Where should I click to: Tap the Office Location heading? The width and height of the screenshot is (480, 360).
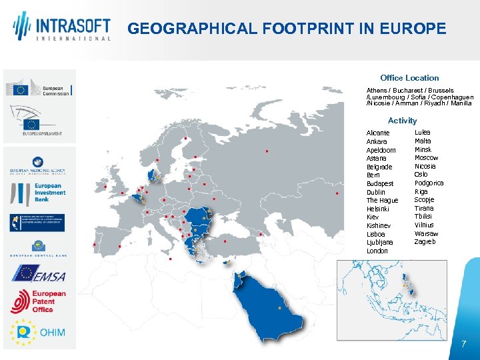tap(409, 78)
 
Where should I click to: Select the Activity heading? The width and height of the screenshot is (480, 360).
tap(402, 121)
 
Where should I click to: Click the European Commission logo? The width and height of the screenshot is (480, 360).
tap(39, 90)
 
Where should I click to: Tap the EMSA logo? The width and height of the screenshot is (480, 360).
tap(39, 273)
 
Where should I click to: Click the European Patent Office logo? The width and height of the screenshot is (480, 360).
tap(39, 301)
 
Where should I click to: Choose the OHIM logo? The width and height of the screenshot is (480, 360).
tap(39, 331)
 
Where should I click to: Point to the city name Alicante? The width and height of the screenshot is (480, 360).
tap(378, 133)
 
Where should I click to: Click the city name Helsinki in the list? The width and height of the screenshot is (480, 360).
tap(379, 209)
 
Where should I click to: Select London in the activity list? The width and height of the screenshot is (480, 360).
tap(377, 251)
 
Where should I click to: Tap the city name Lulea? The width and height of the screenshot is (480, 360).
tap(422, 133)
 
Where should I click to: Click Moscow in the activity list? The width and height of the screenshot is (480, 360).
tap(426, 158)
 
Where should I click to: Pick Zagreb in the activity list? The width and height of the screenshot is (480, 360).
tap(425, 242)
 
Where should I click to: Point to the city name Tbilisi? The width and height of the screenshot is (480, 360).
tap(424, 217)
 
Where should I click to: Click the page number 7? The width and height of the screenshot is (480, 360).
tap(463, 344)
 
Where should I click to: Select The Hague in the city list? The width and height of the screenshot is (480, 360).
tap(382, 201)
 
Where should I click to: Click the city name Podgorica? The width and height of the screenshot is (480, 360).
tap(429, 183)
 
